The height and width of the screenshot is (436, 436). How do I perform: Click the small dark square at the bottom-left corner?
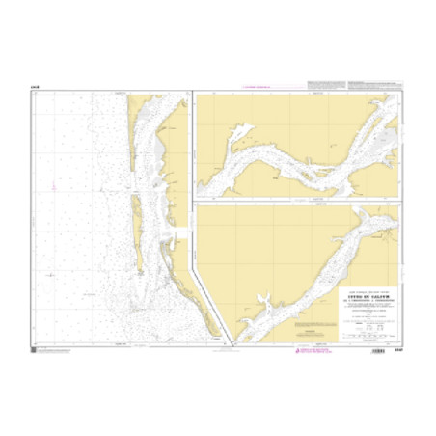pyautogui.click(x=35, y=349)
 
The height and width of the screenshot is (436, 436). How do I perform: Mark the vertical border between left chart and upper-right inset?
pyautogui.click(x=193, y=145)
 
